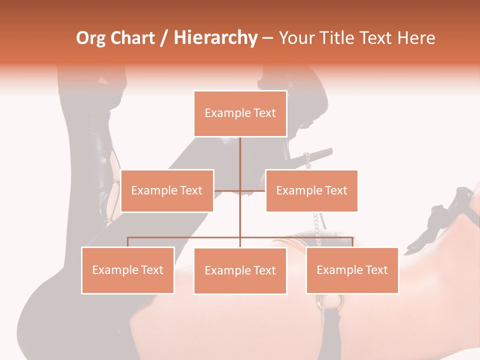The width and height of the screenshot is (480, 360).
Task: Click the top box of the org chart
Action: (240, 113)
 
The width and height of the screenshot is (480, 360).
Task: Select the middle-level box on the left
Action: (167, 190)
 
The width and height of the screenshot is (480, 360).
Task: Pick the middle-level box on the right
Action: (311, 190)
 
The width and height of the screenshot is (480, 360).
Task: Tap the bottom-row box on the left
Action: (128, 270)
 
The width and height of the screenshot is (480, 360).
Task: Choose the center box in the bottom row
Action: (240, 270)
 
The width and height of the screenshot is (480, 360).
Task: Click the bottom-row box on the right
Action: (352, 270)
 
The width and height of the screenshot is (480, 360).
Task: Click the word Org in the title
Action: (91, 38)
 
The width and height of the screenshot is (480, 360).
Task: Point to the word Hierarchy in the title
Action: (215, 38)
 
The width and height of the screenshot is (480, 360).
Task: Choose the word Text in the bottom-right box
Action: (376, 270)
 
